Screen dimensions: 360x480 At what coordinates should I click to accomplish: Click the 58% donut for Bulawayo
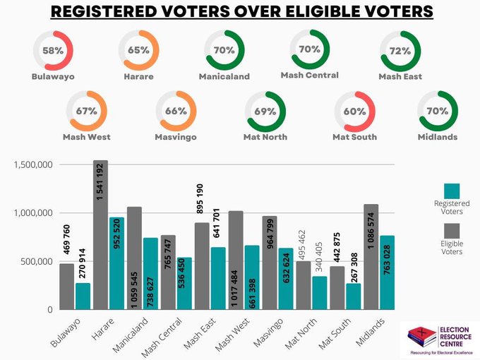click(x=53, y=50)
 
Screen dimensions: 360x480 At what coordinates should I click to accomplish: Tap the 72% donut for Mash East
click(x=400, y=50)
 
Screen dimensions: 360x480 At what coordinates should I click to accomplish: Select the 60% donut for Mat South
click(x=354, y=111)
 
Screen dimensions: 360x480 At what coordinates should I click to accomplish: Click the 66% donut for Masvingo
click(x=176, y=111)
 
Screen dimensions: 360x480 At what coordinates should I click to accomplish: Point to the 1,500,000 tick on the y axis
click(x=32, y=164)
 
